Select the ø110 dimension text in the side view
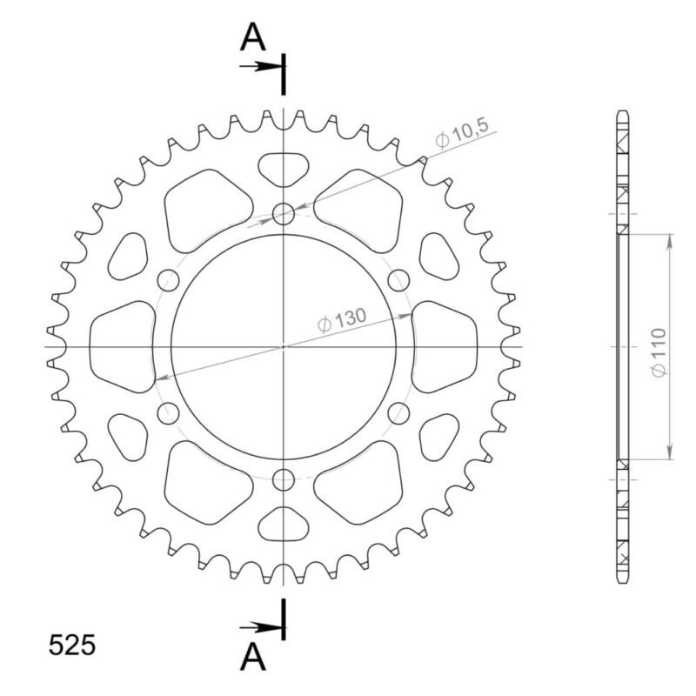pos(659,352)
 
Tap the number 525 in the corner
pos(71,646)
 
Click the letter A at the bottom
pos(253,659)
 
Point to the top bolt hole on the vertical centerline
pos(284,214)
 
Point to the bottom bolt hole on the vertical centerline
pos(284,478)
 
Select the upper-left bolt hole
pos(169,279)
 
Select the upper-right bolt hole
pos(398,279)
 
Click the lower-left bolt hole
pos(169,412)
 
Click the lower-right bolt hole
pos(398,412)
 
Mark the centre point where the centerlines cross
pos(284,346)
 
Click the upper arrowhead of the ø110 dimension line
pos(670,239)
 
